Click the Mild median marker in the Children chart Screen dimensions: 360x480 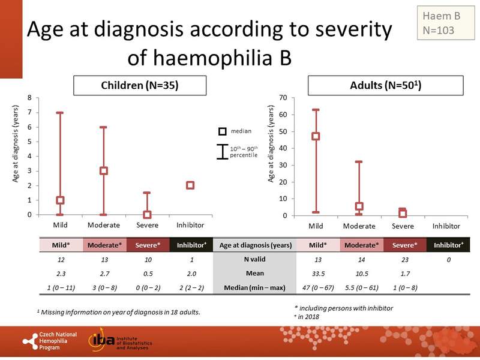click(x=60, y=200)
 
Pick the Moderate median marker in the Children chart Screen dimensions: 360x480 click(x=104, y=170)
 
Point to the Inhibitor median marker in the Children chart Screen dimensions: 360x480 click(x=190, y=185)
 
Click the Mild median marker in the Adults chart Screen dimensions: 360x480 click(x=316, y=136)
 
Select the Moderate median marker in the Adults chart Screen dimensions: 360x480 click(x=359, y=206)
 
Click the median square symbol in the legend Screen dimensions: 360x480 click(x=221, y=131)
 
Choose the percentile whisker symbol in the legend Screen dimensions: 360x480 click(x=222, y=151)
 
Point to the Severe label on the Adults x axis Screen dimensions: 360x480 click(x=403, y=226)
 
